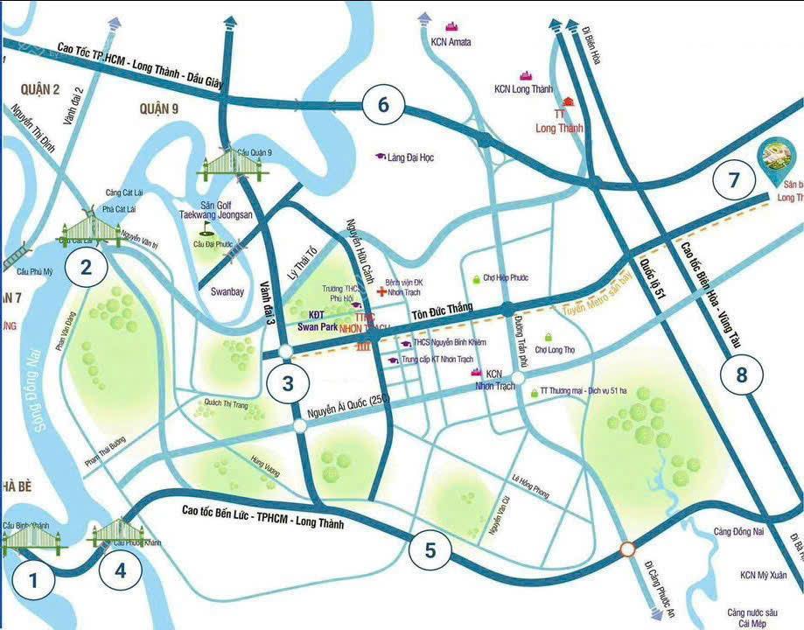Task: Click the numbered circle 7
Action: click(x=733, y=180)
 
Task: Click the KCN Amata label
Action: click(x=451, y=41)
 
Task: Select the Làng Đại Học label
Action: click(x=410, y=157)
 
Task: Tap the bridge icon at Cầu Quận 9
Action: click(x=232, y=166)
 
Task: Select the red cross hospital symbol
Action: click(x=381, y=291)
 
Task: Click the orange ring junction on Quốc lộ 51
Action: click(x=627, y=549)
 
